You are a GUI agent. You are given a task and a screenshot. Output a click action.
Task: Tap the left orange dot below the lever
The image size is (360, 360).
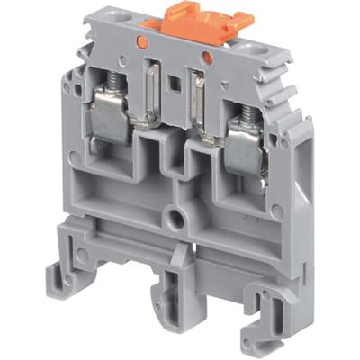point(141,40)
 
